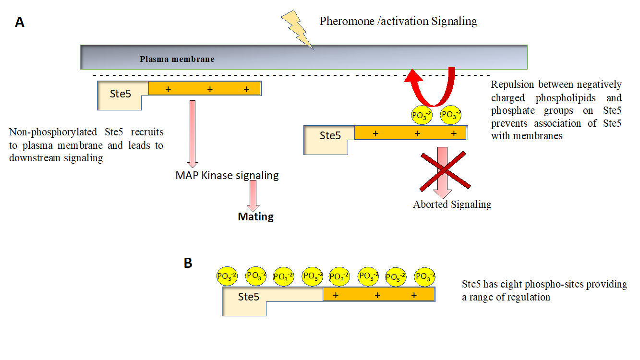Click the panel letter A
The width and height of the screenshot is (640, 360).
pos(20,22)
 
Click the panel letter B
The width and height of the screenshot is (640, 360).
pos(188,263)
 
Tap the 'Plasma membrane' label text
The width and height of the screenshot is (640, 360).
pos(177,59)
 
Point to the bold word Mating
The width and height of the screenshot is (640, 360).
pos(255,216)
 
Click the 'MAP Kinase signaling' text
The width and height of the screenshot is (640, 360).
pos(227,175)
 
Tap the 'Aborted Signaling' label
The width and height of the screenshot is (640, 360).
pos(452,204)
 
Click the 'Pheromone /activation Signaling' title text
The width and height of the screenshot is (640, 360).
pos(398,21)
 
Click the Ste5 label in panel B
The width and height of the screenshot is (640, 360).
pos(249,297)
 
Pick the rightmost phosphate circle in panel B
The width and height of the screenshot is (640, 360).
pos(425,276)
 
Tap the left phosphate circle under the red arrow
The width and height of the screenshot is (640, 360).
pos(422,115)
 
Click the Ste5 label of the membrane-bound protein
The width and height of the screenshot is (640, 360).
pos(120,94)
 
